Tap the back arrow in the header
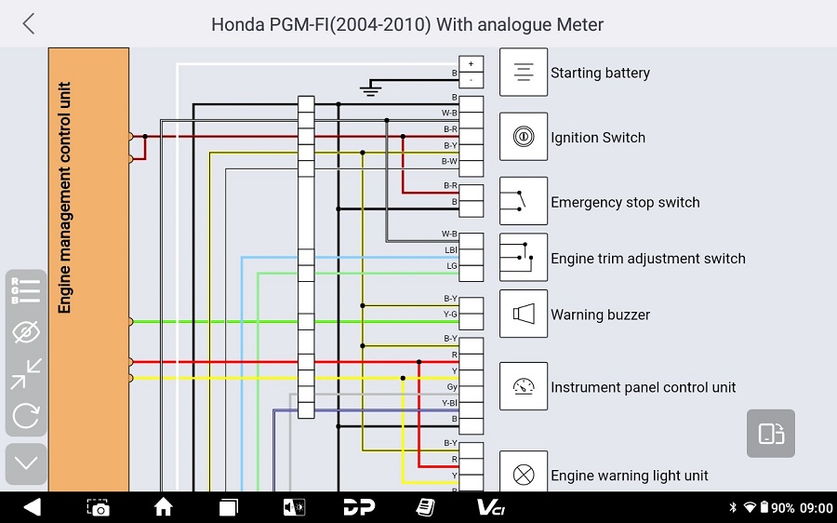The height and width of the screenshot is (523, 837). [x=29, y=24]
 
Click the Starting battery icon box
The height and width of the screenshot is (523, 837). [x=524, y=73]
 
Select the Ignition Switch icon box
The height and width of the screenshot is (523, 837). [x=524, y=138]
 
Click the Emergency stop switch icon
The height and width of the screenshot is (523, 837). [x=524, y=201]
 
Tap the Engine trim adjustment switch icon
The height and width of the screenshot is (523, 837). [x=524, y=257]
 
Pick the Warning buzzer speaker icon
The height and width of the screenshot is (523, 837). [x=524, y=314]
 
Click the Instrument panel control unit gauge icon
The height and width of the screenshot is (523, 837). [x=524, y=386]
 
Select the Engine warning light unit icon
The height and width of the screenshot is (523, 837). [x=524, y=475]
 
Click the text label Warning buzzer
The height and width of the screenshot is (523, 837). [x=600, y=315]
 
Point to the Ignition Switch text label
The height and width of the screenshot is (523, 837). [x=597, y=138]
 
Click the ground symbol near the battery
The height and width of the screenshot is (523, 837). [x=371, y=89]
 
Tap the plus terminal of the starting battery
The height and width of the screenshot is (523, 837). [x=472, y=64]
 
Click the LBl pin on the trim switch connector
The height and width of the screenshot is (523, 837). [x=472, y=250]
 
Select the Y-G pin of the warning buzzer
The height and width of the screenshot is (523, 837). [x=472, y=315]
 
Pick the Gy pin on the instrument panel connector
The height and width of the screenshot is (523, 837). [x=472, y=386]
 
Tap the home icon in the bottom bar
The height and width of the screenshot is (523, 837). [x=164, y=507]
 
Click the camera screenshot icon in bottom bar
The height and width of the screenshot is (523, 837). [x=98, y=507]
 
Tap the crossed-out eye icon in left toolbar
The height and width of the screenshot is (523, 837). [x=26, y=331]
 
